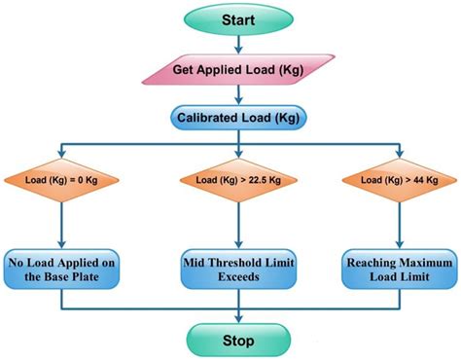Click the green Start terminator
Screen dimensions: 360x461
(x=230, y=19)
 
